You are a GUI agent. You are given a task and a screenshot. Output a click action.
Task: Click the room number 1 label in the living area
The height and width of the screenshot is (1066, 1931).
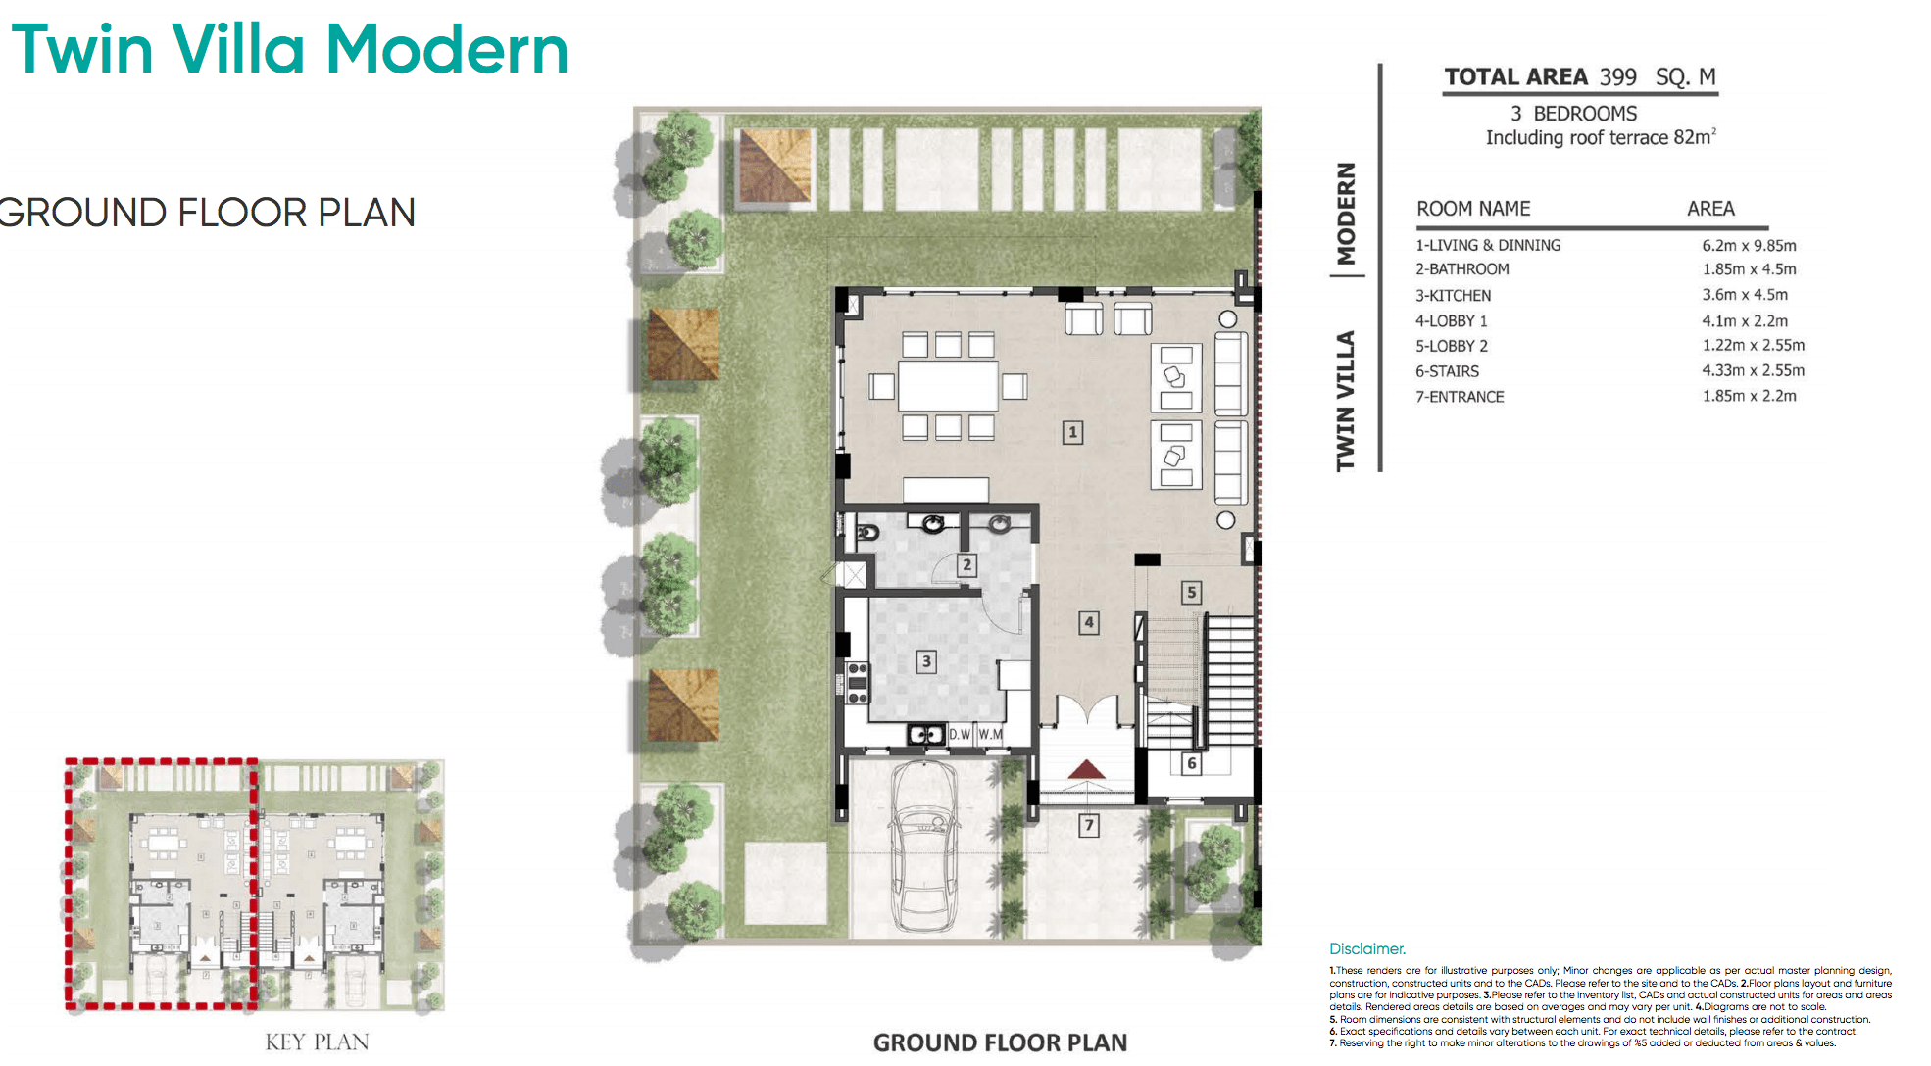1072,432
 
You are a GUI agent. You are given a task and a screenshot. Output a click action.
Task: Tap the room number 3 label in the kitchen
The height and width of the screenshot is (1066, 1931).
925,661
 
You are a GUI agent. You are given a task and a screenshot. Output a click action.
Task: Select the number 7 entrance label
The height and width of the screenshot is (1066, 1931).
1088,825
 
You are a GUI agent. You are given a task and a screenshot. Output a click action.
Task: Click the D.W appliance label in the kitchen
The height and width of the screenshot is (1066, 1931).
960,734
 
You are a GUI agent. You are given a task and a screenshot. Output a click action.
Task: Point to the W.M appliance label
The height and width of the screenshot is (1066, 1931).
990,734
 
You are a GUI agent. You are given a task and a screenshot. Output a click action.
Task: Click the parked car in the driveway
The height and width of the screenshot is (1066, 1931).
923,845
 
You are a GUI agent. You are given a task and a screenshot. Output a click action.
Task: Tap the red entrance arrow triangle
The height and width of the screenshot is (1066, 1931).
1086,769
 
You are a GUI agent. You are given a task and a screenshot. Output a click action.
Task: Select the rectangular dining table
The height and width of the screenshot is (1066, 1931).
948,386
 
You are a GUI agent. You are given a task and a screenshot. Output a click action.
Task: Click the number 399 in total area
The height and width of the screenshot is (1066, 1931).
1618,77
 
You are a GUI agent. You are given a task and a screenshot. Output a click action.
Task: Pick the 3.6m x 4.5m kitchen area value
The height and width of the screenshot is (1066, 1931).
1745,295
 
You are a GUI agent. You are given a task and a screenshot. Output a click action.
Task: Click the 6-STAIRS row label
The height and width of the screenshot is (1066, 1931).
1447,371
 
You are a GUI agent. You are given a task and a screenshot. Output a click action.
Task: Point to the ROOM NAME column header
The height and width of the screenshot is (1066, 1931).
1472,209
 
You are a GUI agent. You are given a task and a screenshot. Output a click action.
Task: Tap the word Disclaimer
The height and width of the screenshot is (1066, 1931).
1366,948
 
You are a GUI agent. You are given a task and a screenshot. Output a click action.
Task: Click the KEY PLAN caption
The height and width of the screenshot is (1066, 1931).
317,1042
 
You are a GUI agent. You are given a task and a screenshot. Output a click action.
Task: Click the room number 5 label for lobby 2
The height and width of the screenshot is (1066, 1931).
1191,592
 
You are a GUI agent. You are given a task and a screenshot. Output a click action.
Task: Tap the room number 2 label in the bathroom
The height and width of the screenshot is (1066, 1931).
966,564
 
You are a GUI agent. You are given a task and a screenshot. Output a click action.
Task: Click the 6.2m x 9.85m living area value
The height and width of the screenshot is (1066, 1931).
1749,246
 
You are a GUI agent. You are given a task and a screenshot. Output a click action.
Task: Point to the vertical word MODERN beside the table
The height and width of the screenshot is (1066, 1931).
1346,214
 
